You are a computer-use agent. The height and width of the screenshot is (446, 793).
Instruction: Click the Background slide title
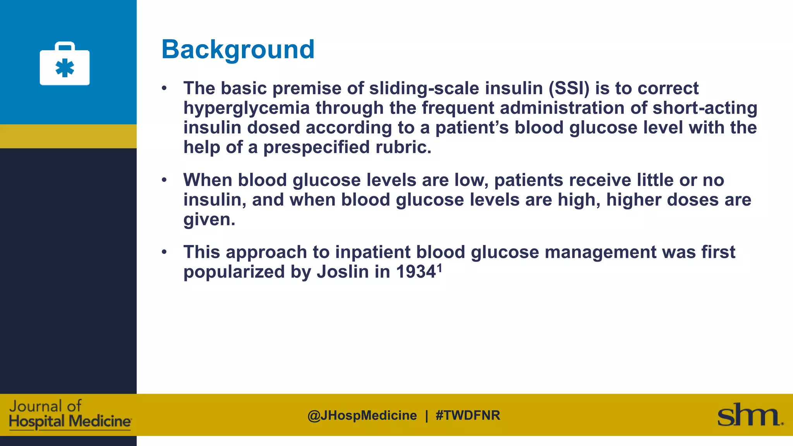[238, 50]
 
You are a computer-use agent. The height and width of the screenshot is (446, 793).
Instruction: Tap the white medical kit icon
[65, 64]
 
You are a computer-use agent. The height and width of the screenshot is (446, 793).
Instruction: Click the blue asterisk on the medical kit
[65, 68]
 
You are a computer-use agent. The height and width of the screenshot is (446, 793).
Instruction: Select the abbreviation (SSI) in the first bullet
[569, 88]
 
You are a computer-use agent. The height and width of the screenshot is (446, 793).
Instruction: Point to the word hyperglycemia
[246, 108]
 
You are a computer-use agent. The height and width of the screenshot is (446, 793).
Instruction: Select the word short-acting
[705, 108]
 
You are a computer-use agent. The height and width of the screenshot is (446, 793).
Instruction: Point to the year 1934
[416, 272]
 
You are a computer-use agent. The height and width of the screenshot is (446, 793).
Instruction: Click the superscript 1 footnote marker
[439, 267]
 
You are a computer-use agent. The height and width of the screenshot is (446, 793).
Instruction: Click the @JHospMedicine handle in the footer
[362, 415]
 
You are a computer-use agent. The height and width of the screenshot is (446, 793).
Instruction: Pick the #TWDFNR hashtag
[468, 415]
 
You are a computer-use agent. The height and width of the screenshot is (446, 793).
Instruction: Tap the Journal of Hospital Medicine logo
[70, 414]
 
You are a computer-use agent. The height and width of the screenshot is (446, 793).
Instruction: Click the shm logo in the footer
[750, 415]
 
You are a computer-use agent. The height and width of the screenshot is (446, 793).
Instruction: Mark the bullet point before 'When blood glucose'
[164, 180]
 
